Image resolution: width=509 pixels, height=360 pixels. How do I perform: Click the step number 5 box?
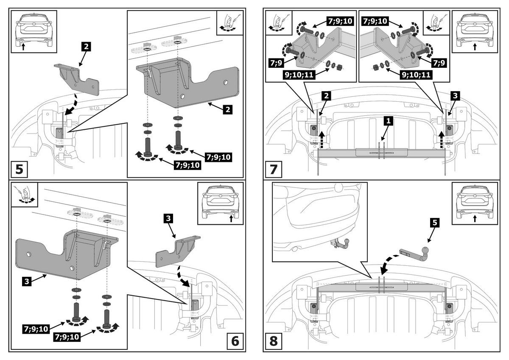coord(20,169)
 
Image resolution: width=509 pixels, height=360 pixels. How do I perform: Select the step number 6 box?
coord(235,340)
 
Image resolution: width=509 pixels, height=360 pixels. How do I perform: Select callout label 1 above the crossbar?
coord(388,121)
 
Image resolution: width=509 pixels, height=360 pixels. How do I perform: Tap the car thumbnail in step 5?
coord(34,31)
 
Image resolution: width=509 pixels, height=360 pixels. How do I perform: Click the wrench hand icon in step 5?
coord(229,22)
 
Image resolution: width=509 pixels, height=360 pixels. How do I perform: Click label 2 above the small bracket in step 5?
coord(86,46)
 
